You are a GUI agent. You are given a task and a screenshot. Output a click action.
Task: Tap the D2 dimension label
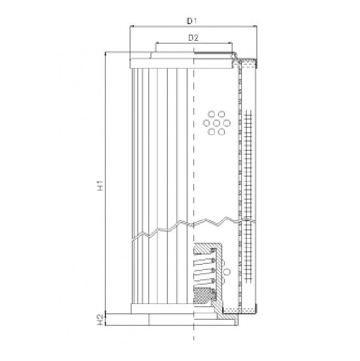point(193,38)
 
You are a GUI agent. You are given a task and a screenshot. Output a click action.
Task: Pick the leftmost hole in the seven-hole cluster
point(206,123)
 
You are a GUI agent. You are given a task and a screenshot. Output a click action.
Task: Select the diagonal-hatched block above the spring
point(204,250)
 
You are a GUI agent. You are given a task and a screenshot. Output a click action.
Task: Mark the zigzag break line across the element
point(187,226)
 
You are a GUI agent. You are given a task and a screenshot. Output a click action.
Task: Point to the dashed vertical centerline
point(194,181)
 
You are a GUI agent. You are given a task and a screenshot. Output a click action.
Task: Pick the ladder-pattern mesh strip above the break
point(249,165)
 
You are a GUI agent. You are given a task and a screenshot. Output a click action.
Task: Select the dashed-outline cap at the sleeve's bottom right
point(249,310)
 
